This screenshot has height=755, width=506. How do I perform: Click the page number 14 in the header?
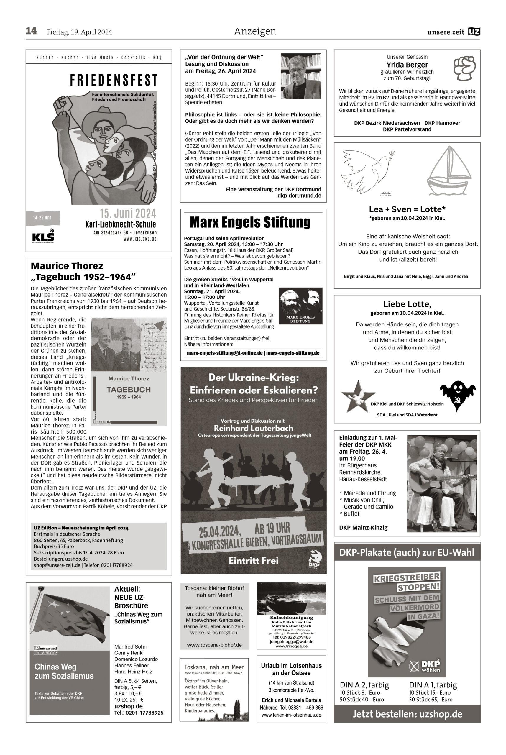(31, 31)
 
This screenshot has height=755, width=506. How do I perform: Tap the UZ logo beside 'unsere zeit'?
(474, 32)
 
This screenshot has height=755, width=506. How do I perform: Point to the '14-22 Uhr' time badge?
(42, 218)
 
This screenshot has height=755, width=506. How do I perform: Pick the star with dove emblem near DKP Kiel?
(358, 396)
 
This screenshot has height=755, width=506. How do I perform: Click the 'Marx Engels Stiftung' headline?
(250, 222)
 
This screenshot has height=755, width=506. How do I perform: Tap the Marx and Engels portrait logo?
(300, 305)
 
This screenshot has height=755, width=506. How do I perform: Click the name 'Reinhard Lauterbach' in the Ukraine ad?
(253, 428)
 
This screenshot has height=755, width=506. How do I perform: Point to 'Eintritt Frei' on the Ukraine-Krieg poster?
(253, 560)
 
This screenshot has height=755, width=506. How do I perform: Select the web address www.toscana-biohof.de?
(214, 645)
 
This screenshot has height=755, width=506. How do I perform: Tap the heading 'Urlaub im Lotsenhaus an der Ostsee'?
(291, 669)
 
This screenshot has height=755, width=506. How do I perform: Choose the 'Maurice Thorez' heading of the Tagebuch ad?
(67, 266)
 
